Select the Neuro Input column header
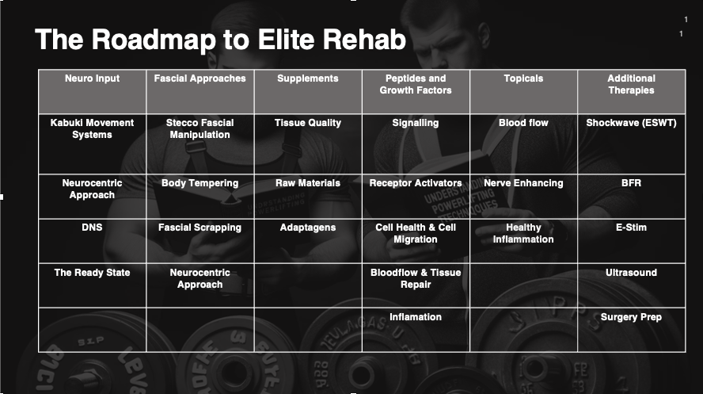(92, 79)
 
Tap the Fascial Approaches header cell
(199, 79)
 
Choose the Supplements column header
(308, 79)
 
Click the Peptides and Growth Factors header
(416, 85)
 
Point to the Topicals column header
(523, 79)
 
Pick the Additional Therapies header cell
(631, 85)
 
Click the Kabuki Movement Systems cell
(92, 129)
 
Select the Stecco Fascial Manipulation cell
(199, 129)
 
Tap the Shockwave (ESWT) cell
(631, 124)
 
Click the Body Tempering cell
(199, 183)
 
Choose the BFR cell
(631, 183)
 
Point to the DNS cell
(92, 228)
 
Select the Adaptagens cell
(308, 228)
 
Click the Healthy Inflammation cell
(523, 234)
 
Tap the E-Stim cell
(631, 228)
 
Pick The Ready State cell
(92, 273)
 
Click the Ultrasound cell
(631, 273)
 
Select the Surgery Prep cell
(631, 317)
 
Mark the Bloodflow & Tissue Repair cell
(416, 278)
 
